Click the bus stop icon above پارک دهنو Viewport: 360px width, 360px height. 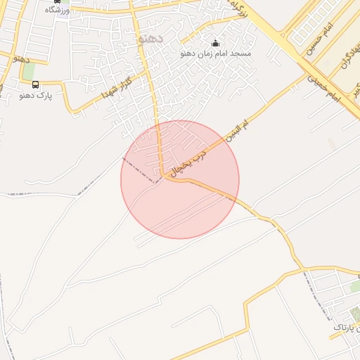(35, 85)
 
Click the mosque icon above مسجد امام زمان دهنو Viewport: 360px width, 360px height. (215, 43)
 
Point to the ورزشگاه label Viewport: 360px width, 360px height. (58, 10)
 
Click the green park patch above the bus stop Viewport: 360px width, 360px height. (29, 71)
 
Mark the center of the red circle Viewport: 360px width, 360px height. (180, 179)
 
